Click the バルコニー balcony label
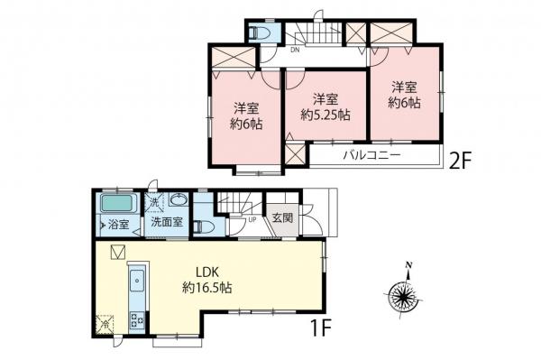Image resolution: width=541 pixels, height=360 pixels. coord(371,154)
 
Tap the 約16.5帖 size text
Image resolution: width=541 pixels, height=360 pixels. coord(207,288)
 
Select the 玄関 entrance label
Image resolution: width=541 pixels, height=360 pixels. coord(281,218)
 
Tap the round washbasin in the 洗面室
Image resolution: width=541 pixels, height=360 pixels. coord(178,201)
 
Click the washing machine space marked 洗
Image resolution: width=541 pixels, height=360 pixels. coord(154,201)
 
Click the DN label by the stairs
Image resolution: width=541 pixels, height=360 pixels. coord(294,51)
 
